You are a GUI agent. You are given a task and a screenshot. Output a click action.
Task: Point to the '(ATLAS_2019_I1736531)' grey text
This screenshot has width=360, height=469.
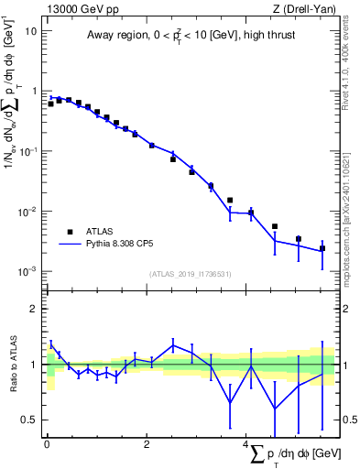pyautogui.click(x=191, y=274)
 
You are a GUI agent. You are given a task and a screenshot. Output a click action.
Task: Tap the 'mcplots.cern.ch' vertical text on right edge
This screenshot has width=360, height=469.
pyautogui.click(x=346, y=238)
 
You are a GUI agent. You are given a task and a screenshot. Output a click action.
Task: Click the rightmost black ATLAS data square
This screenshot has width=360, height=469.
pyautogui.click(x=322, y=248)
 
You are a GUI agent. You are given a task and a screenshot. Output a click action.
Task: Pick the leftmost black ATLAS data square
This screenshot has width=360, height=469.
pyautogui.click(x=51, y=104)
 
